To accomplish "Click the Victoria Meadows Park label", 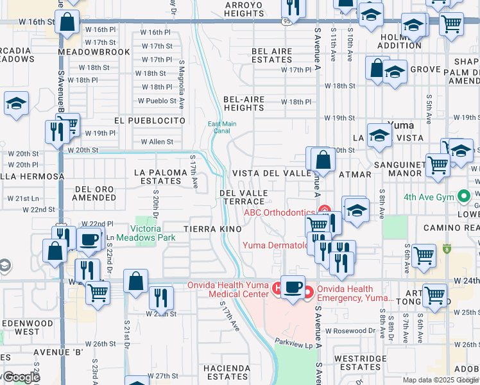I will [153, 233].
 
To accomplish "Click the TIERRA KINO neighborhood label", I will [212, 229].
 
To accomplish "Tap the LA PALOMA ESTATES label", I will [158, 176].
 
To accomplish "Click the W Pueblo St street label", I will [157, 101].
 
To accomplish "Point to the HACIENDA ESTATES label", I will [227, 372].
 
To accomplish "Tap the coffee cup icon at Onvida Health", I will [293, 287].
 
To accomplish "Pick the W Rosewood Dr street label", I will [350, 331].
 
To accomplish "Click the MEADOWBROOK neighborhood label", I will [85, 51].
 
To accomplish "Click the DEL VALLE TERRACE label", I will [241, 197].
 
